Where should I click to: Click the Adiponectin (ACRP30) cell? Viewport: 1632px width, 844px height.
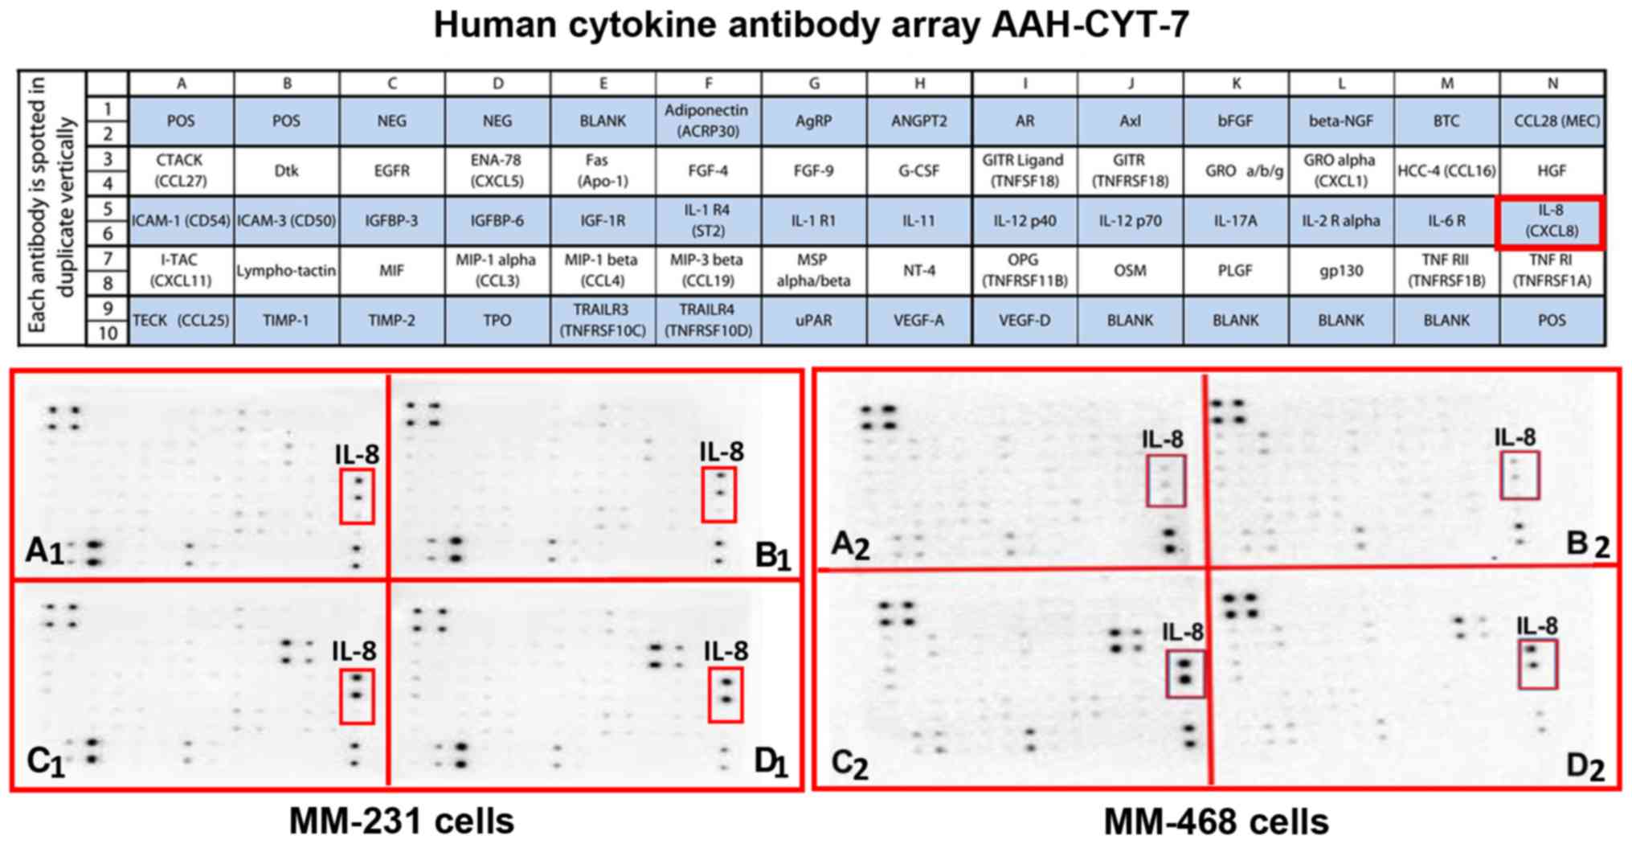point(707,121)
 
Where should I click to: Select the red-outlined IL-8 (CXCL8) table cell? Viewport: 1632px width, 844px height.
point(1550,221)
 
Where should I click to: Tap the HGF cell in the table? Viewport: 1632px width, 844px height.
point(1552,170)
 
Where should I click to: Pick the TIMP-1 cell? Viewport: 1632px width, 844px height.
point(286,320)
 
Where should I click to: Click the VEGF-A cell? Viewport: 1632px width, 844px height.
point(918,320)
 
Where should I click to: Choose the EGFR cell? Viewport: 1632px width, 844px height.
point(391,170)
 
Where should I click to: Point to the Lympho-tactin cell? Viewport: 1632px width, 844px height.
point(286,271)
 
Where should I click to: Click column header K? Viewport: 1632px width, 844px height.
point(1235,84)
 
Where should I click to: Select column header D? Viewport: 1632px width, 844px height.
point(497,84)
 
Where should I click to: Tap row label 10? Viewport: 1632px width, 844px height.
point(108,333)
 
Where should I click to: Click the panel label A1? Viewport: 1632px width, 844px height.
point(44,551)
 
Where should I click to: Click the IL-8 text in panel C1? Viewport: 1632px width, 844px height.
point(354,651)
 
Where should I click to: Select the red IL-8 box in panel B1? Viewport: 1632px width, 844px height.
point(718,495)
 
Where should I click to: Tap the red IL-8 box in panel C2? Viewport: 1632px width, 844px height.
point(1185,674)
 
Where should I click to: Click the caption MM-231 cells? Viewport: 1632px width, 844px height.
point(401,821)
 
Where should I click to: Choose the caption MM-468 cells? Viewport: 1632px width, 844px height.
point(1216,821)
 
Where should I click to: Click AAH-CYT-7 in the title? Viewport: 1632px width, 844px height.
point(1090,25)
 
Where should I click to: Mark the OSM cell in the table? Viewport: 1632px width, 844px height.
point(1130,271)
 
